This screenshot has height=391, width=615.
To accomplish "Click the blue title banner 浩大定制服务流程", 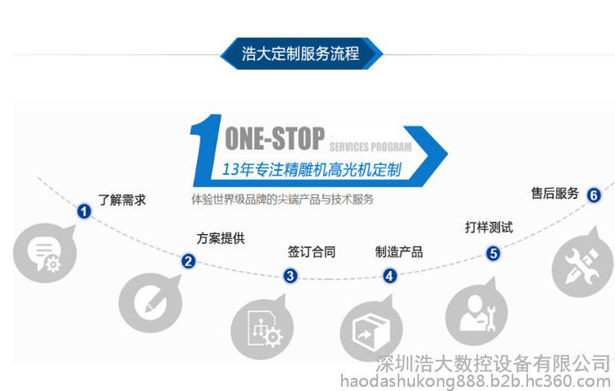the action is click(x=301, y=53).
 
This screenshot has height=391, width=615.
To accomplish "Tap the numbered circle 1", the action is click(x=84, y=211).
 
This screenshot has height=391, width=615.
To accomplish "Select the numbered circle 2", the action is click(x=189, y=261).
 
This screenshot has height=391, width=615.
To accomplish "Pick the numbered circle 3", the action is click(x=290, y=276).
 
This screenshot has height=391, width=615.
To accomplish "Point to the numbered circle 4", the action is click(x=389, y=276).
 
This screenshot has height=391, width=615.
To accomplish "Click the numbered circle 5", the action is click(x=493, y=254).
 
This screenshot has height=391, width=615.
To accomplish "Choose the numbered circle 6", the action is click(x=594, y=195).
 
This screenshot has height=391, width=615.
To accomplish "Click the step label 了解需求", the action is click(x=122, y=200).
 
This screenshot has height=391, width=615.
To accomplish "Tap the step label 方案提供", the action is click(x=221, y=238).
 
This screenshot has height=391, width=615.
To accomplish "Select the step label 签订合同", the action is click(x=312, y=252).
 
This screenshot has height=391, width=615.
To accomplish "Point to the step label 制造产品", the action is click(x=399, y=252).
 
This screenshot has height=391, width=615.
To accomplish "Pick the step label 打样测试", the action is click(x=489, y=228).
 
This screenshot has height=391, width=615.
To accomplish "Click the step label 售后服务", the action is click(x=555, y=193).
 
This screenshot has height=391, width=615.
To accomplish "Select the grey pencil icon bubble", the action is click(x=150, y=302).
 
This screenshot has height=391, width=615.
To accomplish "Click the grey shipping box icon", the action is click(x=371, y=329).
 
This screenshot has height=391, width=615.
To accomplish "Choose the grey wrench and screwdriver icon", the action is click(x=583, y=263).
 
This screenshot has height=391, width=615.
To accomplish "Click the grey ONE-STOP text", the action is click(x=275, y=138).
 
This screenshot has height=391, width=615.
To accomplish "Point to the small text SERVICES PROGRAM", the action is click(x=371, y=147).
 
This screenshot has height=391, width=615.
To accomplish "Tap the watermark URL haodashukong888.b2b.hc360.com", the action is click(x=476, y=381).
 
